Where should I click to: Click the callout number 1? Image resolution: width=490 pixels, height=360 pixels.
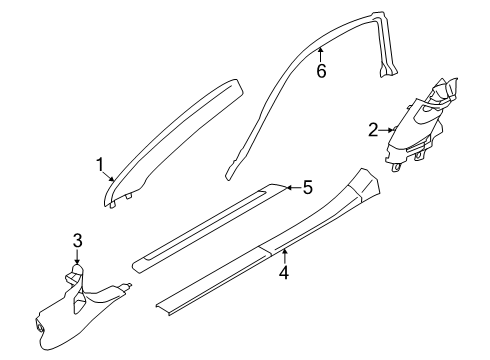[x=100, y=163]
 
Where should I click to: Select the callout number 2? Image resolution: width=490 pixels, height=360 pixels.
[x=372, y=129]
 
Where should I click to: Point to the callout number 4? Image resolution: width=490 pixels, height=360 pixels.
[x=284, y=271]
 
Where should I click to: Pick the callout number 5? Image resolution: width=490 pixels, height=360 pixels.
[x=308, y=186]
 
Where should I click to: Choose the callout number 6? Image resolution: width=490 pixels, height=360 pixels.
[x=321, y=71]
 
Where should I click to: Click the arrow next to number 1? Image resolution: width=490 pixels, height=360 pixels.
[x=113, y=176]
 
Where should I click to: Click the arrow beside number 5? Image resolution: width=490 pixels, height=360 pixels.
[x=291, y=186]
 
